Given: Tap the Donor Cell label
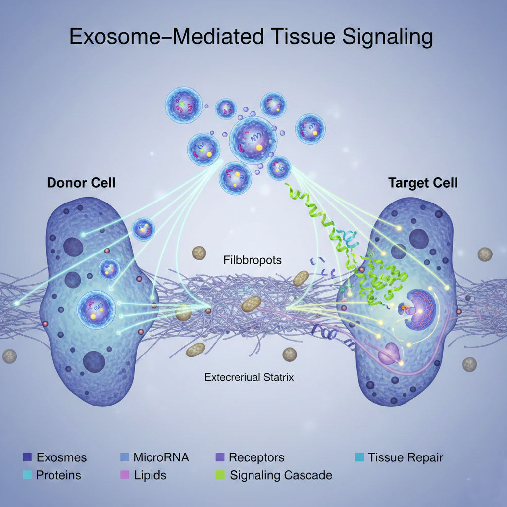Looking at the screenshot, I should [81, 183].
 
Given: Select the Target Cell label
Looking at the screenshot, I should [423, 183].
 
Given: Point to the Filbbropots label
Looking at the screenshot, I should [253, 259].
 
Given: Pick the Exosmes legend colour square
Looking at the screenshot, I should [27, 457].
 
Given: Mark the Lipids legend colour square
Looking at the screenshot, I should [124, 475].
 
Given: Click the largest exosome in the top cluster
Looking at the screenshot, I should [253, 139].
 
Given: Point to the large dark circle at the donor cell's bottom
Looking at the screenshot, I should [94, 361].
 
